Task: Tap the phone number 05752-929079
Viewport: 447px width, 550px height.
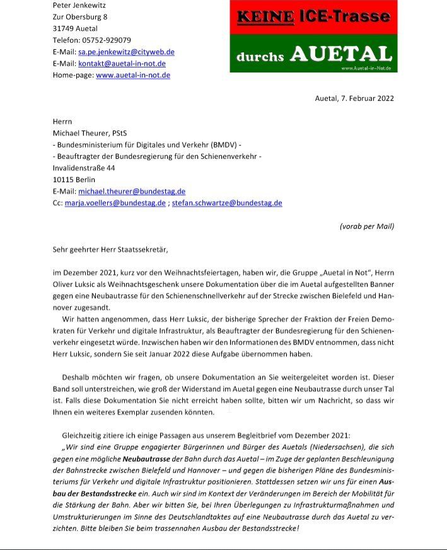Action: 108,40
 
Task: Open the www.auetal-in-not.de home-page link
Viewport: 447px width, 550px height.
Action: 132,75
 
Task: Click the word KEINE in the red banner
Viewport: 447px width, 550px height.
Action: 265,17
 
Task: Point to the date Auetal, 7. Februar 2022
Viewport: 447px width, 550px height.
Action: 354,98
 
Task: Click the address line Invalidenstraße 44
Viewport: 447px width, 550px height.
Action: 83,168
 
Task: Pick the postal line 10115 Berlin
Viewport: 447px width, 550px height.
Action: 74,180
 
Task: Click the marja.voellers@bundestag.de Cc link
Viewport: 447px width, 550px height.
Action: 115,203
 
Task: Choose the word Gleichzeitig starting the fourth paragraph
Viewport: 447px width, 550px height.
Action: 85,435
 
